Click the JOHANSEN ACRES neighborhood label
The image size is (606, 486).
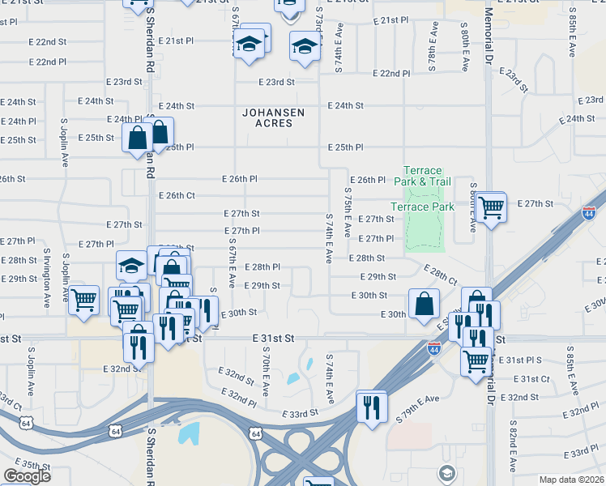[267, 118]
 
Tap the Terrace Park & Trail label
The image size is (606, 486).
[423, 177]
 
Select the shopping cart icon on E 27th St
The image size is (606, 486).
[491, 208]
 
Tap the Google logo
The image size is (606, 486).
[27, 476]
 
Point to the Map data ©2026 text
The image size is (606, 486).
[572, 480]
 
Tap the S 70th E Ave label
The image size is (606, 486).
[266, 369]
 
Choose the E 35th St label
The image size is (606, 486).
[32, 465]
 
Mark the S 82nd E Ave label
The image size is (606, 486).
[513, 446]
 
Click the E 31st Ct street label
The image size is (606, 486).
[535, 378]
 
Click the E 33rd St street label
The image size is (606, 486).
[301, 414]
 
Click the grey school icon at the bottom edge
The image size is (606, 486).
[446, 472]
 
